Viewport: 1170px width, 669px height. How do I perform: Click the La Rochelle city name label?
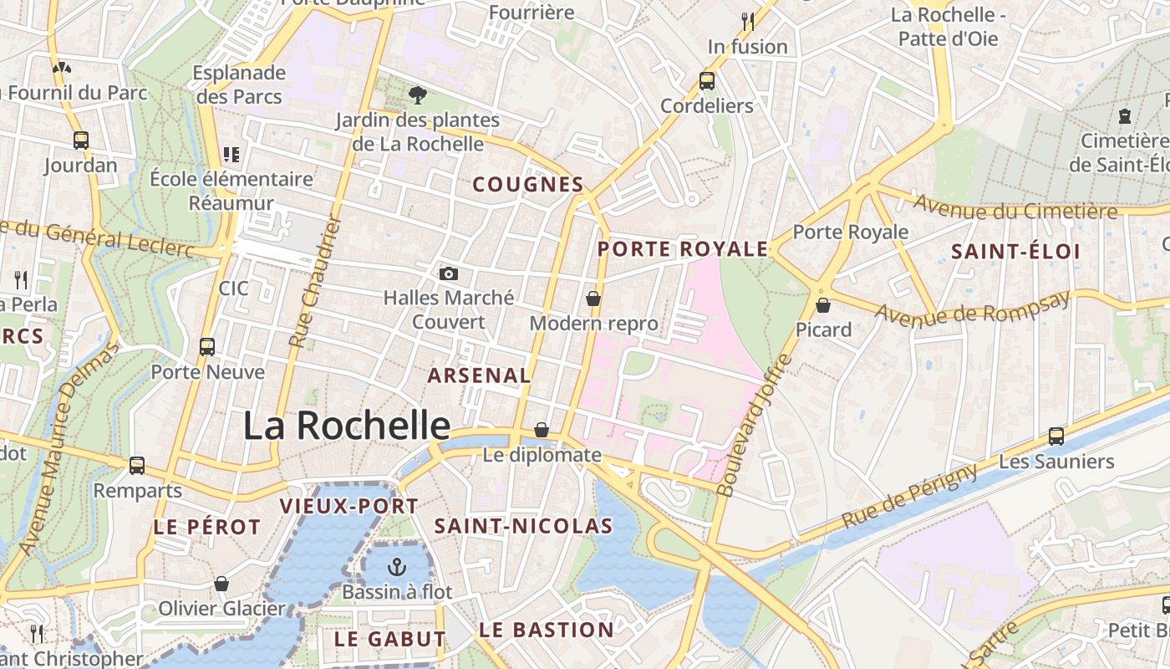coord(346,426)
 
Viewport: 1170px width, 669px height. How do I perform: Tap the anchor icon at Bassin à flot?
coord(397,568)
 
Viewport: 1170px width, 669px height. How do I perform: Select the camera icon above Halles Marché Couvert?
coord(449,273)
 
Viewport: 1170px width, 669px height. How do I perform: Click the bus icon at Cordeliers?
coord(707,81)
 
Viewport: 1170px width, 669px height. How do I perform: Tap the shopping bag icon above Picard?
coord(823,305)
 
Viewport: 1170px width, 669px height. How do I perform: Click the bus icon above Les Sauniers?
coord(1056,437)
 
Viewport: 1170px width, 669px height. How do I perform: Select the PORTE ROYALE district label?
coord(683,249)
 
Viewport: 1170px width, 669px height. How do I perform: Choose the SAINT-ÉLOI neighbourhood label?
coord(1015,252)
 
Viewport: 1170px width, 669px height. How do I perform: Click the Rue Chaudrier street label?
coord(310,281)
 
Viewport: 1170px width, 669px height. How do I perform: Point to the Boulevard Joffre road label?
coord(755,425)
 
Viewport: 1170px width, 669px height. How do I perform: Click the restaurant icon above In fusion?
coord(747,21)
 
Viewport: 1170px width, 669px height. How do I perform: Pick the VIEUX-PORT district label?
coord(348,506)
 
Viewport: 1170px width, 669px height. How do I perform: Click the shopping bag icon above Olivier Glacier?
coord(221,584)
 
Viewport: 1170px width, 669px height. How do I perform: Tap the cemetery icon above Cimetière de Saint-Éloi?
coord(1124,116)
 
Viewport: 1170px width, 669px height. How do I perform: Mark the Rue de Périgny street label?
coord(909,496)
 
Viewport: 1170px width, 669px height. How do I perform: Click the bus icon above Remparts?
coord(137,466)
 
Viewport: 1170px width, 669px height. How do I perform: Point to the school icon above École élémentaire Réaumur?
coord(231,155)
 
